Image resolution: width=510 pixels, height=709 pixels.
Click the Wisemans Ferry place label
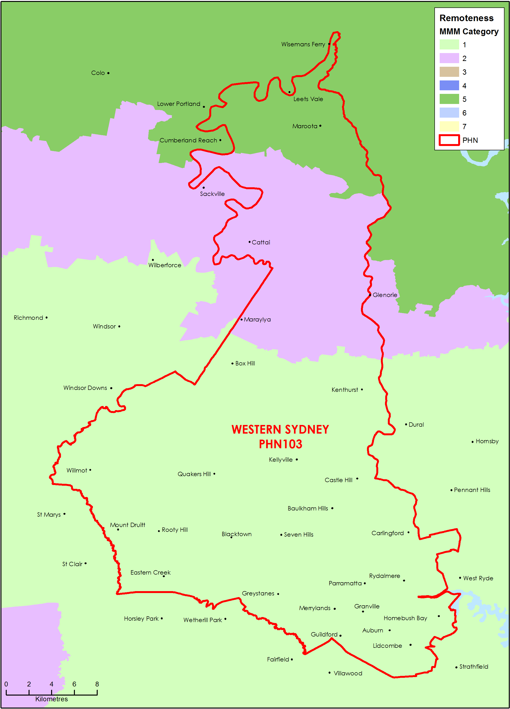click(x=303, y=44)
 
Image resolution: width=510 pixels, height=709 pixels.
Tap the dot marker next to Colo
click(x=108, y=73)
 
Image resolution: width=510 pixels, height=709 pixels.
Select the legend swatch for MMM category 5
click(x=449, y=99)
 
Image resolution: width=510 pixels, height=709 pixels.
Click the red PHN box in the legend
click(x=449, y=140)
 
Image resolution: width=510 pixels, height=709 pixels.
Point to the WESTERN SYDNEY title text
click(x=280, y=430)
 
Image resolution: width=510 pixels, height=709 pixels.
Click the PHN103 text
click(x=280, y=444)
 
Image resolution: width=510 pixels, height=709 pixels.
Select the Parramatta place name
click(x=345, y=583)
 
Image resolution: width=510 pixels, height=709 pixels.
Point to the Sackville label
click(x=212, y=194)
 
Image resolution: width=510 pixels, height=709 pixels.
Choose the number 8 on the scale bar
click(x=97, y=684)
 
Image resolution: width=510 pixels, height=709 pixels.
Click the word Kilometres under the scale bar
click(x=52, y=699)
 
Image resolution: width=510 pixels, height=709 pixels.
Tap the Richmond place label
click(x=28, y=318)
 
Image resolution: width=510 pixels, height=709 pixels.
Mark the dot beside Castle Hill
click(x=357, y=479)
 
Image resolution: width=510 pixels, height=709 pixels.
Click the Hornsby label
click(x=487, y=441)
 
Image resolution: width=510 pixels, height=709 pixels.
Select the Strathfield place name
click(x=474, y=667)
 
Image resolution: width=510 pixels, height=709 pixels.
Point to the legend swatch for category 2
click(x=449, y=58)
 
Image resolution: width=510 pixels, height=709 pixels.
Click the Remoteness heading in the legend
click(x=466, y=18)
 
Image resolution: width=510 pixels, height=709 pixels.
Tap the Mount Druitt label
click(x=127, y=525)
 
